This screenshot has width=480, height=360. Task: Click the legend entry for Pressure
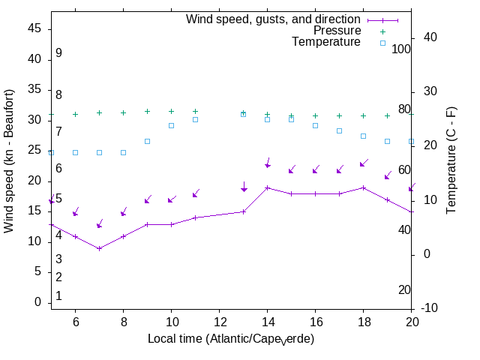coord(337,31)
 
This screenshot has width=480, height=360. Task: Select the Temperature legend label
coord(326,42)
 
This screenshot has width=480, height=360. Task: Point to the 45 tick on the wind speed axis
coord(34,28)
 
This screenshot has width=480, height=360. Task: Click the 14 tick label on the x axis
coord(267,321)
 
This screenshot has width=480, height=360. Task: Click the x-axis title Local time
coord(230,339)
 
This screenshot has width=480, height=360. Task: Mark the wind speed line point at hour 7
coord(99,248)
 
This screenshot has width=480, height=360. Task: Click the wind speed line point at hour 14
coord(267,187)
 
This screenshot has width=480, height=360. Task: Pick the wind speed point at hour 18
coord(363,187)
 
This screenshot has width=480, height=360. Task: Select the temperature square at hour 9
coord(147,141)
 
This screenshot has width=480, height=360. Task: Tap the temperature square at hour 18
coord(363,136)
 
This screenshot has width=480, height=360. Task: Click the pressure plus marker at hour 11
coord(195,111)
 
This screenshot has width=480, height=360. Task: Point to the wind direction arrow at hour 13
coord(244,187)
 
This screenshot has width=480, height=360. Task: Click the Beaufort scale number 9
coord(58,54)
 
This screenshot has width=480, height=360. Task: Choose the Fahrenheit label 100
coord(401,49)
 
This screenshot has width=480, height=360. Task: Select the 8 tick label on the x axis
coord(123,321)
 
